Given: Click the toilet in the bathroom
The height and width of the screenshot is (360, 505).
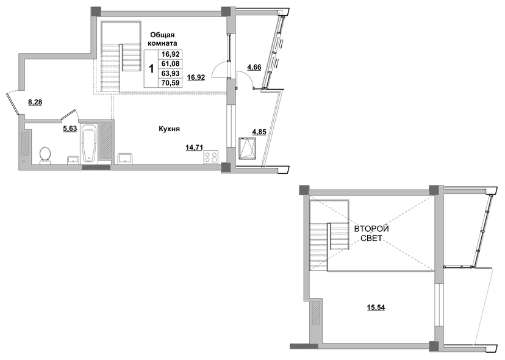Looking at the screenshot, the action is [x=45, y=156].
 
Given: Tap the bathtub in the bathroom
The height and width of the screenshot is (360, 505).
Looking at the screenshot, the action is [x=88, y=144].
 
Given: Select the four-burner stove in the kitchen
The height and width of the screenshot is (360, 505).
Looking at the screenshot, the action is [x=211, y=157].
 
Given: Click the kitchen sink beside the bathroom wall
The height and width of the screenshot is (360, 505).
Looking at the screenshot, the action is [x=125, y=158].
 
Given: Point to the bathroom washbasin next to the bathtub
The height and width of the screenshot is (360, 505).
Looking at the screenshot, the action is [x=73, y=160].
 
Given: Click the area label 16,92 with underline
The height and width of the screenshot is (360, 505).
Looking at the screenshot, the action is [x=196, y=77].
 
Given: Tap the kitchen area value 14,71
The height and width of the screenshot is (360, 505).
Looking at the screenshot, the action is [x=194, y=148].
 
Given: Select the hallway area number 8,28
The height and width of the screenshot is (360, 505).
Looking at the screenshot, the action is [x=35, y=103].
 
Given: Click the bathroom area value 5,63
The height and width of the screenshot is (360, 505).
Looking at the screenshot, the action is [x=70, y=129].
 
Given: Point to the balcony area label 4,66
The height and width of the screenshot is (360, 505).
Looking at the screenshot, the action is [x=254, y=67].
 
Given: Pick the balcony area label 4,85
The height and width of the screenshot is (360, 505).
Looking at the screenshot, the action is [x=259, y=132].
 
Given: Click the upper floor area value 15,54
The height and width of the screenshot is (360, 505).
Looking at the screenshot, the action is [x=376, y=308].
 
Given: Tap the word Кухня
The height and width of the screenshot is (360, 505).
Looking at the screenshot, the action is [x=169, y=129].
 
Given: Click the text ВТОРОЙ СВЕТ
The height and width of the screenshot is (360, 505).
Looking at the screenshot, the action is [x=371, y=234].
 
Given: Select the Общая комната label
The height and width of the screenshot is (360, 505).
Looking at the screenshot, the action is [x=162, y=39].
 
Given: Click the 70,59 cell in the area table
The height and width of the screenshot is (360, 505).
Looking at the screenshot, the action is [x=170, y=83].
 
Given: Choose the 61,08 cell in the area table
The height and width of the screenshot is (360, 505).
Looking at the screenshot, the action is [x=170, y=64].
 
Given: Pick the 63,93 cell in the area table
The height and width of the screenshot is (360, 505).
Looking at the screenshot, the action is [x=170, y=73].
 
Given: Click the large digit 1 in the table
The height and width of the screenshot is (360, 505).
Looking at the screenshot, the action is [x=151, y=69].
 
